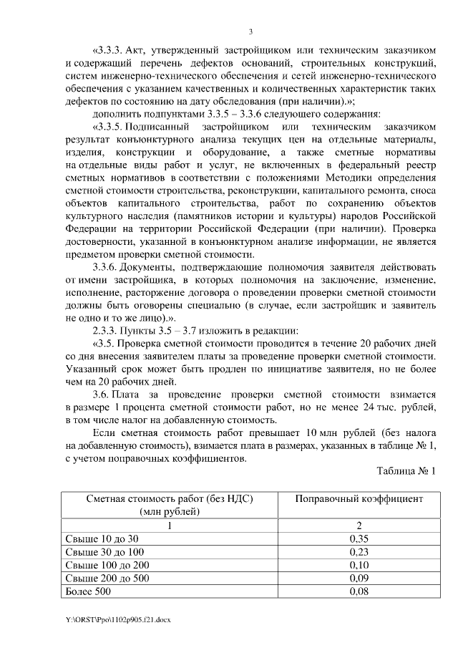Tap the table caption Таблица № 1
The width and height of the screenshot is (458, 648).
405,470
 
